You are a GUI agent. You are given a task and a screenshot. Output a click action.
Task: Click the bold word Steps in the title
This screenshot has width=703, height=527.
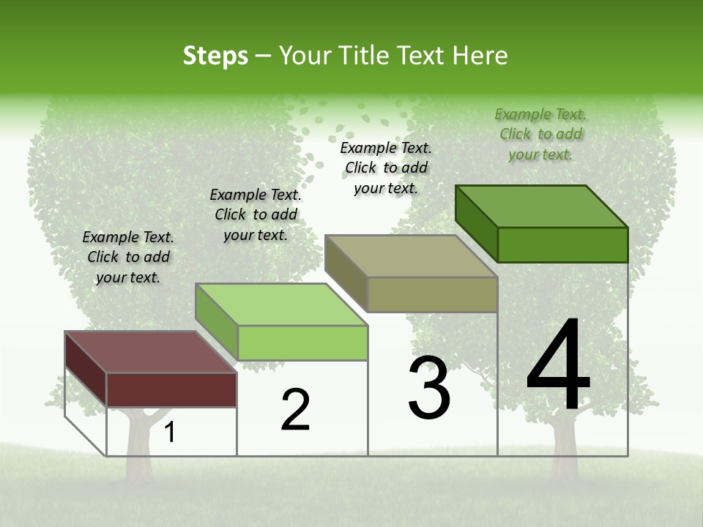(x=215, y=56)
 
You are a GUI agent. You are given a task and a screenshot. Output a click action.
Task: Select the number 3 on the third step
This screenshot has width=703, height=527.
(x=429, y=388)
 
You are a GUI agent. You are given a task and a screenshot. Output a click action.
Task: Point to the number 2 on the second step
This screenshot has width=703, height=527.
(x=296, y=410)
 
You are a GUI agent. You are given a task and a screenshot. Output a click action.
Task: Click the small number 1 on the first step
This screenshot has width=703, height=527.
(x=170, y=433)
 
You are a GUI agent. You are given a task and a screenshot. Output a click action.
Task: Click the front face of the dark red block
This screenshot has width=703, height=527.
(x=171, y=389)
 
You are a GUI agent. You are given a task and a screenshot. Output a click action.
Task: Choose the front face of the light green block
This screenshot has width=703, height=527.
(x=302, y=343)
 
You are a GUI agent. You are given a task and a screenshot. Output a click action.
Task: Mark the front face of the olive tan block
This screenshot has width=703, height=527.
(x=432, y=295)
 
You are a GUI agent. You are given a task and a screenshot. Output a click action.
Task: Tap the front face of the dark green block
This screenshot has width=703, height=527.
(x=562, y=244)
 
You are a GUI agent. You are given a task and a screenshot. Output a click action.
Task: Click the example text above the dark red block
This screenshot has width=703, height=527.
(x=128, y=257)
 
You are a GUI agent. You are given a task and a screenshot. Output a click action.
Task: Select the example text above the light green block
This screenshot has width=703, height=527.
(x=256, y=214)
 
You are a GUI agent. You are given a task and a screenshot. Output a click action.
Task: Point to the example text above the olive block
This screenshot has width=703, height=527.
(x=386, y=168)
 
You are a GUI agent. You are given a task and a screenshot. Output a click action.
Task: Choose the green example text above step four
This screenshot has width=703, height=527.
(x=540, y=134)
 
